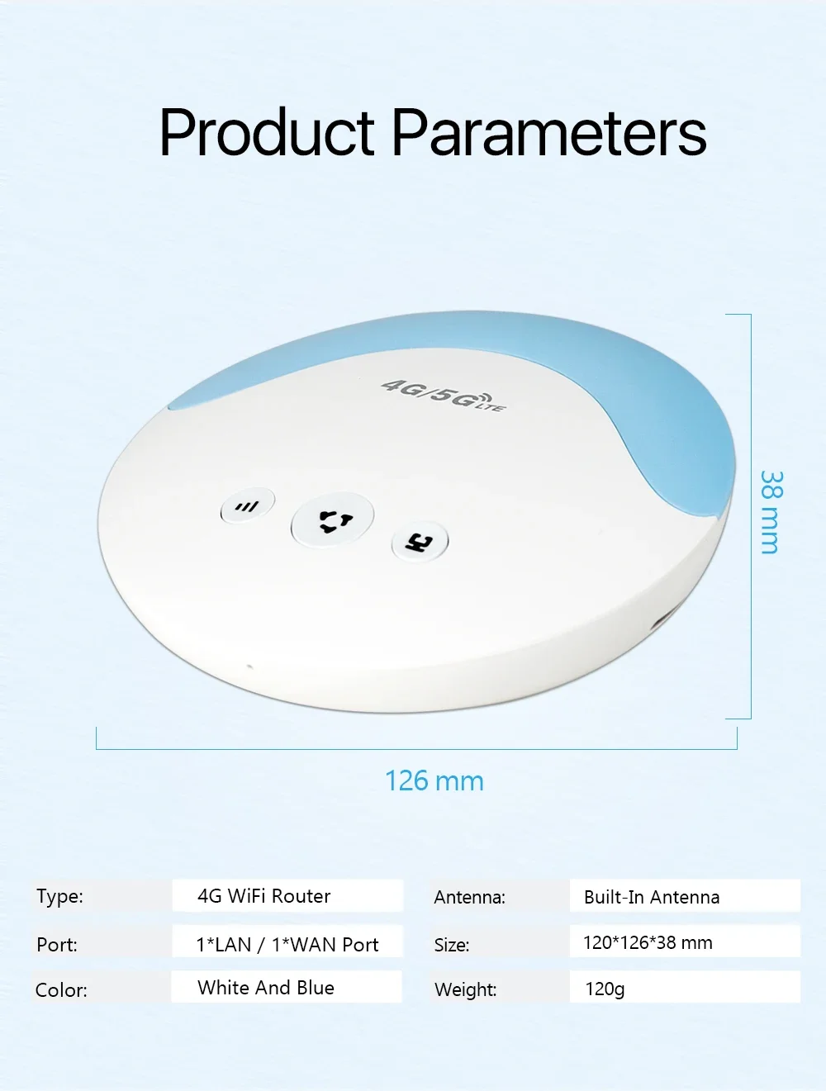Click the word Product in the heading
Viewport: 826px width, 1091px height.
267,133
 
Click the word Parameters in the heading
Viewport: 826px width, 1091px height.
548,133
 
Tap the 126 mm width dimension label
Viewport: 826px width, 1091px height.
434,781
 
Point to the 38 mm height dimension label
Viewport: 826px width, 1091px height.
771,512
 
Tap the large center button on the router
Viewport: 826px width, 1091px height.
333,521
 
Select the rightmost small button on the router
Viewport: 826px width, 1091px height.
419,543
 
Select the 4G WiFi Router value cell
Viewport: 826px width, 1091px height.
287,896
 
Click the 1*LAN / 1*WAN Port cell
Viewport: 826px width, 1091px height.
287,944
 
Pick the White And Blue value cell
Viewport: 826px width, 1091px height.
286,988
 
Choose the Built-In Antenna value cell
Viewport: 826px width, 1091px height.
685,897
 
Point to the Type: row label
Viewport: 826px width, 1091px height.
59,897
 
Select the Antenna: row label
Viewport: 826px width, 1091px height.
469,898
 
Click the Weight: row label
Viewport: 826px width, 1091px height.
465,989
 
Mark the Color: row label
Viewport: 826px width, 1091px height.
61,990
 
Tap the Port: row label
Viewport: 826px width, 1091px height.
57,945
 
